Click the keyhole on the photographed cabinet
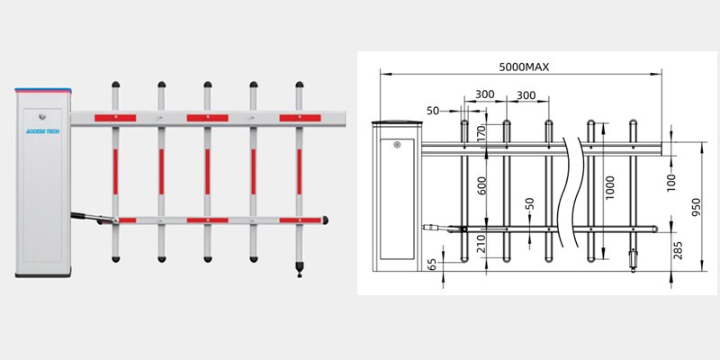pos(42,114)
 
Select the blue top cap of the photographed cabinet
pos(42,89)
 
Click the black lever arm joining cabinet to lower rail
pos(92,216)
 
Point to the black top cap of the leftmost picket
pos(115,86)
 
